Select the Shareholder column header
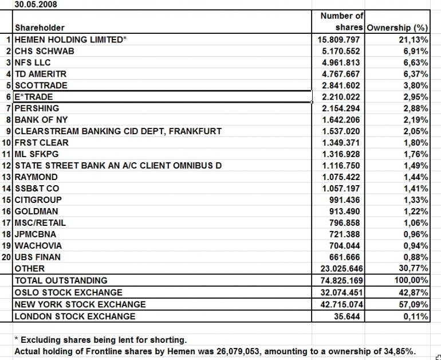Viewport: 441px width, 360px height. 40,28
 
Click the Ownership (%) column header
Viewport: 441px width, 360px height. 397,28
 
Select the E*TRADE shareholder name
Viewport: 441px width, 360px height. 34,97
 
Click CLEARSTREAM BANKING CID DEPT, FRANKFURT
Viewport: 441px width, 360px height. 118,131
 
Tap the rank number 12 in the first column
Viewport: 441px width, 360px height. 7,166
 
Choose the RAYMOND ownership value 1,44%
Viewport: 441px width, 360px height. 414,177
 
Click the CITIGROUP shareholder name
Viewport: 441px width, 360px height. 38,200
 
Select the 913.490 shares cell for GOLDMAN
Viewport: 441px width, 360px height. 346,212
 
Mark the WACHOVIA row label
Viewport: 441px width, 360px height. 38,246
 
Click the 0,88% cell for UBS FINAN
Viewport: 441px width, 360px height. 414,257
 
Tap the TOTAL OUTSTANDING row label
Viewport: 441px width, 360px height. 61,281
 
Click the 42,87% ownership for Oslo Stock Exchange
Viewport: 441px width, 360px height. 412,293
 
